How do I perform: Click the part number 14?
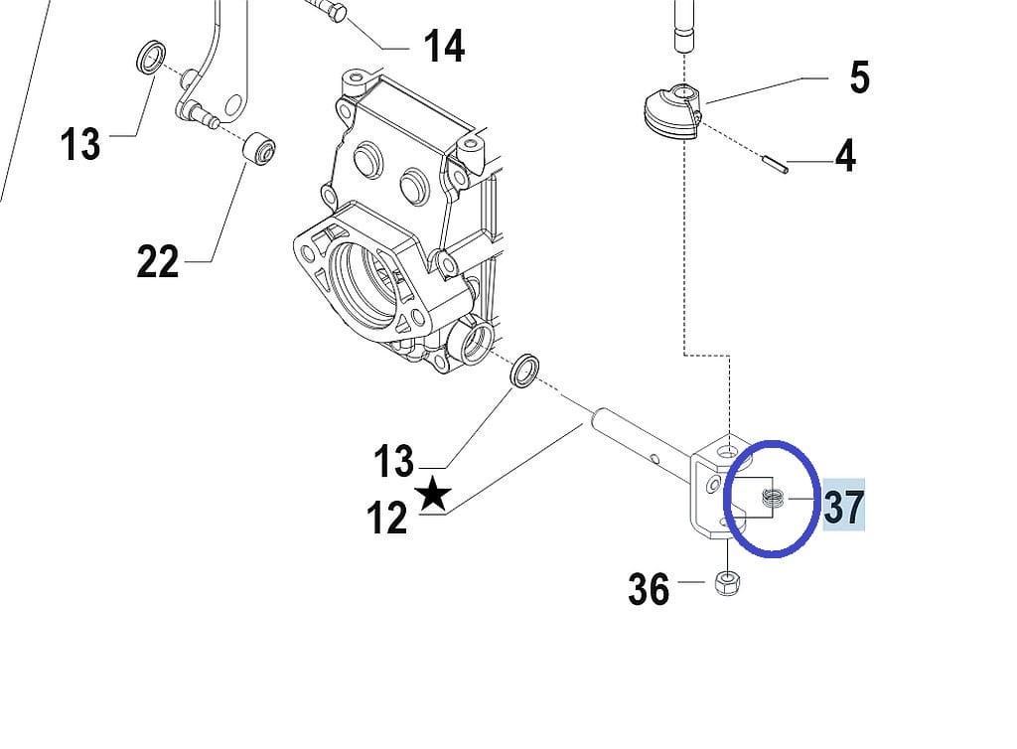[x=444, y=46]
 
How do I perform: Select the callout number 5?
[x=859, y=77]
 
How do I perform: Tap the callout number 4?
[x=845, y=156]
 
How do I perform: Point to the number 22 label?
[x=158, y=262]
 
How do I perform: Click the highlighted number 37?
[x=843, y=507]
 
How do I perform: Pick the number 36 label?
[x=649, y=590]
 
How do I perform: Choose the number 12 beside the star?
[x=387, y=518]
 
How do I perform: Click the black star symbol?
[x=433, y=493]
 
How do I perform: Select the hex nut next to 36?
[x=727, y=581]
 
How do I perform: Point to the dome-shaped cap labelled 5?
[x=671, y=110]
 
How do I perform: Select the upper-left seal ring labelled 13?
[x=151, y=57]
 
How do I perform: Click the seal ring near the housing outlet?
[x=524, y=370]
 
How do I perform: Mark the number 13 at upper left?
[x=79, y=144]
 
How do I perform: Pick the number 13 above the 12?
[x=393, y=461]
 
